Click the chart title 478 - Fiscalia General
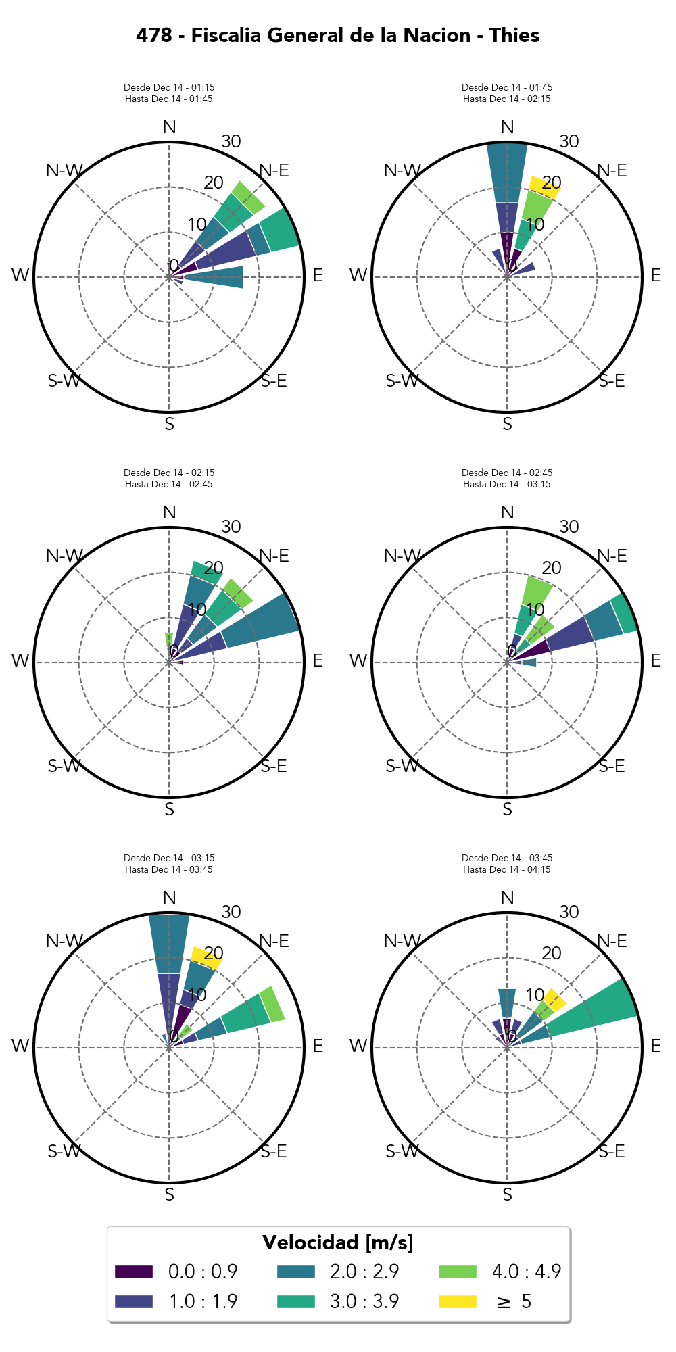pos(337,35)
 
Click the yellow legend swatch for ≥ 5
pos(457,1301)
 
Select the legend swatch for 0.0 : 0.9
pos(133,1271)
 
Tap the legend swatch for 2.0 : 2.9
pos(295,1271)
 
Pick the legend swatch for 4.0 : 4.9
pos(457,1271)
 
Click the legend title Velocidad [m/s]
pos(337,1242)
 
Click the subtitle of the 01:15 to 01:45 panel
pos(169,93)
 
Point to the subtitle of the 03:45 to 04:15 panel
pos(507,864)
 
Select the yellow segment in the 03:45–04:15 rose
pos(556,999)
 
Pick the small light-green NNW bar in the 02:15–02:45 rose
pos(168,639)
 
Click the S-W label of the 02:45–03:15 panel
pos(402,766)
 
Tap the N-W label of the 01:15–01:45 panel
pos(64,170)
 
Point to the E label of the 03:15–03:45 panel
pos(318,1046)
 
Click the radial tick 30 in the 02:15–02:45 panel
pos(231,527)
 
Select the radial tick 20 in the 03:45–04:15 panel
pos(552,953)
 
